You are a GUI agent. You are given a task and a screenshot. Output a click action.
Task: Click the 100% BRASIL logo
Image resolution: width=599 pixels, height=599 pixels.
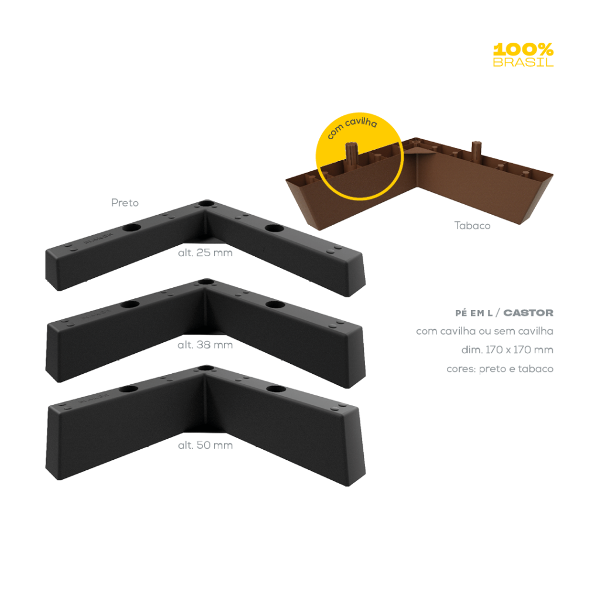pos(523,55)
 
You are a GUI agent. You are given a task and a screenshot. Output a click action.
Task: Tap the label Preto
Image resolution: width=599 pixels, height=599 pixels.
pos(125,203)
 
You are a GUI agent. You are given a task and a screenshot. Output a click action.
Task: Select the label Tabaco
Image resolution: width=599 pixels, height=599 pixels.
pos(472,225)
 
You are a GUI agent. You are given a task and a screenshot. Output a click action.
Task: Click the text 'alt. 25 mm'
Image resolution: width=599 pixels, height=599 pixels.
pos(205,253)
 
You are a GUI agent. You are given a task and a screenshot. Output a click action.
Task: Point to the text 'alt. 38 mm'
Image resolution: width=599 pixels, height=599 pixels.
pos(205,345)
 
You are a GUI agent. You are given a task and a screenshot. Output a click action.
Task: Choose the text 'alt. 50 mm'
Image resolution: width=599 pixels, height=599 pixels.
pos(205,445)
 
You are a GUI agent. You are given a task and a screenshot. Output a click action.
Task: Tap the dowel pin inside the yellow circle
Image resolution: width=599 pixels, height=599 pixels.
pos(353,153)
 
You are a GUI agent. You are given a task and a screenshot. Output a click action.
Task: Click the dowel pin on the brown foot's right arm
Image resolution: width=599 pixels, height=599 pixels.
pos(477,150)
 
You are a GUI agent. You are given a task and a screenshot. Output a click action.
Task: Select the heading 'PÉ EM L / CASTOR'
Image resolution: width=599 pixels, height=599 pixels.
pos(504,313)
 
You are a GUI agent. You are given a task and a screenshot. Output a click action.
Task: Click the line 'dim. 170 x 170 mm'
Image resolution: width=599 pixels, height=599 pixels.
pos(507,350)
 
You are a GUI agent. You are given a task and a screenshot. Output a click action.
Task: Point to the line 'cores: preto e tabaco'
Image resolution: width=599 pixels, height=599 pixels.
pos(500,369)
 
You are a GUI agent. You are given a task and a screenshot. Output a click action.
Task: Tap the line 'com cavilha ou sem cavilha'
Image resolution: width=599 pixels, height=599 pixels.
pos(485,332)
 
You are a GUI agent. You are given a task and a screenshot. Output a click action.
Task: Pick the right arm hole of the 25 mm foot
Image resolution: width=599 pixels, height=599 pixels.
pos(273,227)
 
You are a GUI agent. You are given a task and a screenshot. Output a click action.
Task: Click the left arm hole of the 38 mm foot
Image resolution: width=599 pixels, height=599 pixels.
pos(130,305)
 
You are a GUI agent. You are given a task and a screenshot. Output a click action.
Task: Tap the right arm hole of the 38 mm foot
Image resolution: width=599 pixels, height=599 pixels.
pos(273,305)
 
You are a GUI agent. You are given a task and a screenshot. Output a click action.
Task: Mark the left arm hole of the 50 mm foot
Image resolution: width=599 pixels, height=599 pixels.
pos(128,388)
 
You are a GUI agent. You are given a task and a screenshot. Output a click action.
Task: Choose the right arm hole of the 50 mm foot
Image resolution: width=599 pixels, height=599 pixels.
pos(274,389)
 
